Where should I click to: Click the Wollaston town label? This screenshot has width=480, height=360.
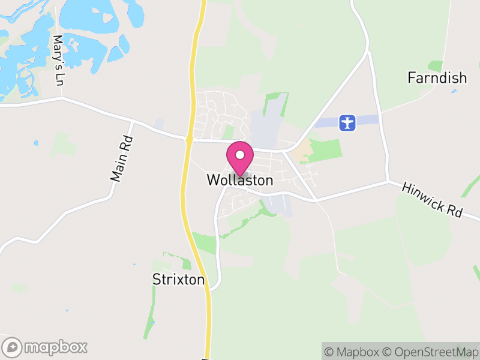(240, 180)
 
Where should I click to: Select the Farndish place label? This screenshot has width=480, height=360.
(437, 77)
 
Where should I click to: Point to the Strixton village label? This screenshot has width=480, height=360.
(178, 280)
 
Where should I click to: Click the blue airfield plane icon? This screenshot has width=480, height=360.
(347, 122)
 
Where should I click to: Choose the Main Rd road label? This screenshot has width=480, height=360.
(122, 159)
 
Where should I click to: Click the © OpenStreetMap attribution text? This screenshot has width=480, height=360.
(431, 352)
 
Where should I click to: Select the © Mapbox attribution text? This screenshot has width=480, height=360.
(352, 352)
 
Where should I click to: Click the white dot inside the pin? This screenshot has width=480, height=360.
(240, 155)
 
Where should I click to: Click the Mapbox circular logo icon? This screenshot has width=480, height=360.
(13, 347)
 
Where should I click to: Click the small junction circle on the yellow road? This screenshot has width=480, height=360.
(189, 139)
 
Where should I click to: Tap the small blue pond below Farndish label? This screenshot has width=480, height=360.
(454, 91)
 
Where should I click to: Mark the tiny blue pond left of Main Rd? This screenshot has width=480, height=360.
(36, 143)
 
